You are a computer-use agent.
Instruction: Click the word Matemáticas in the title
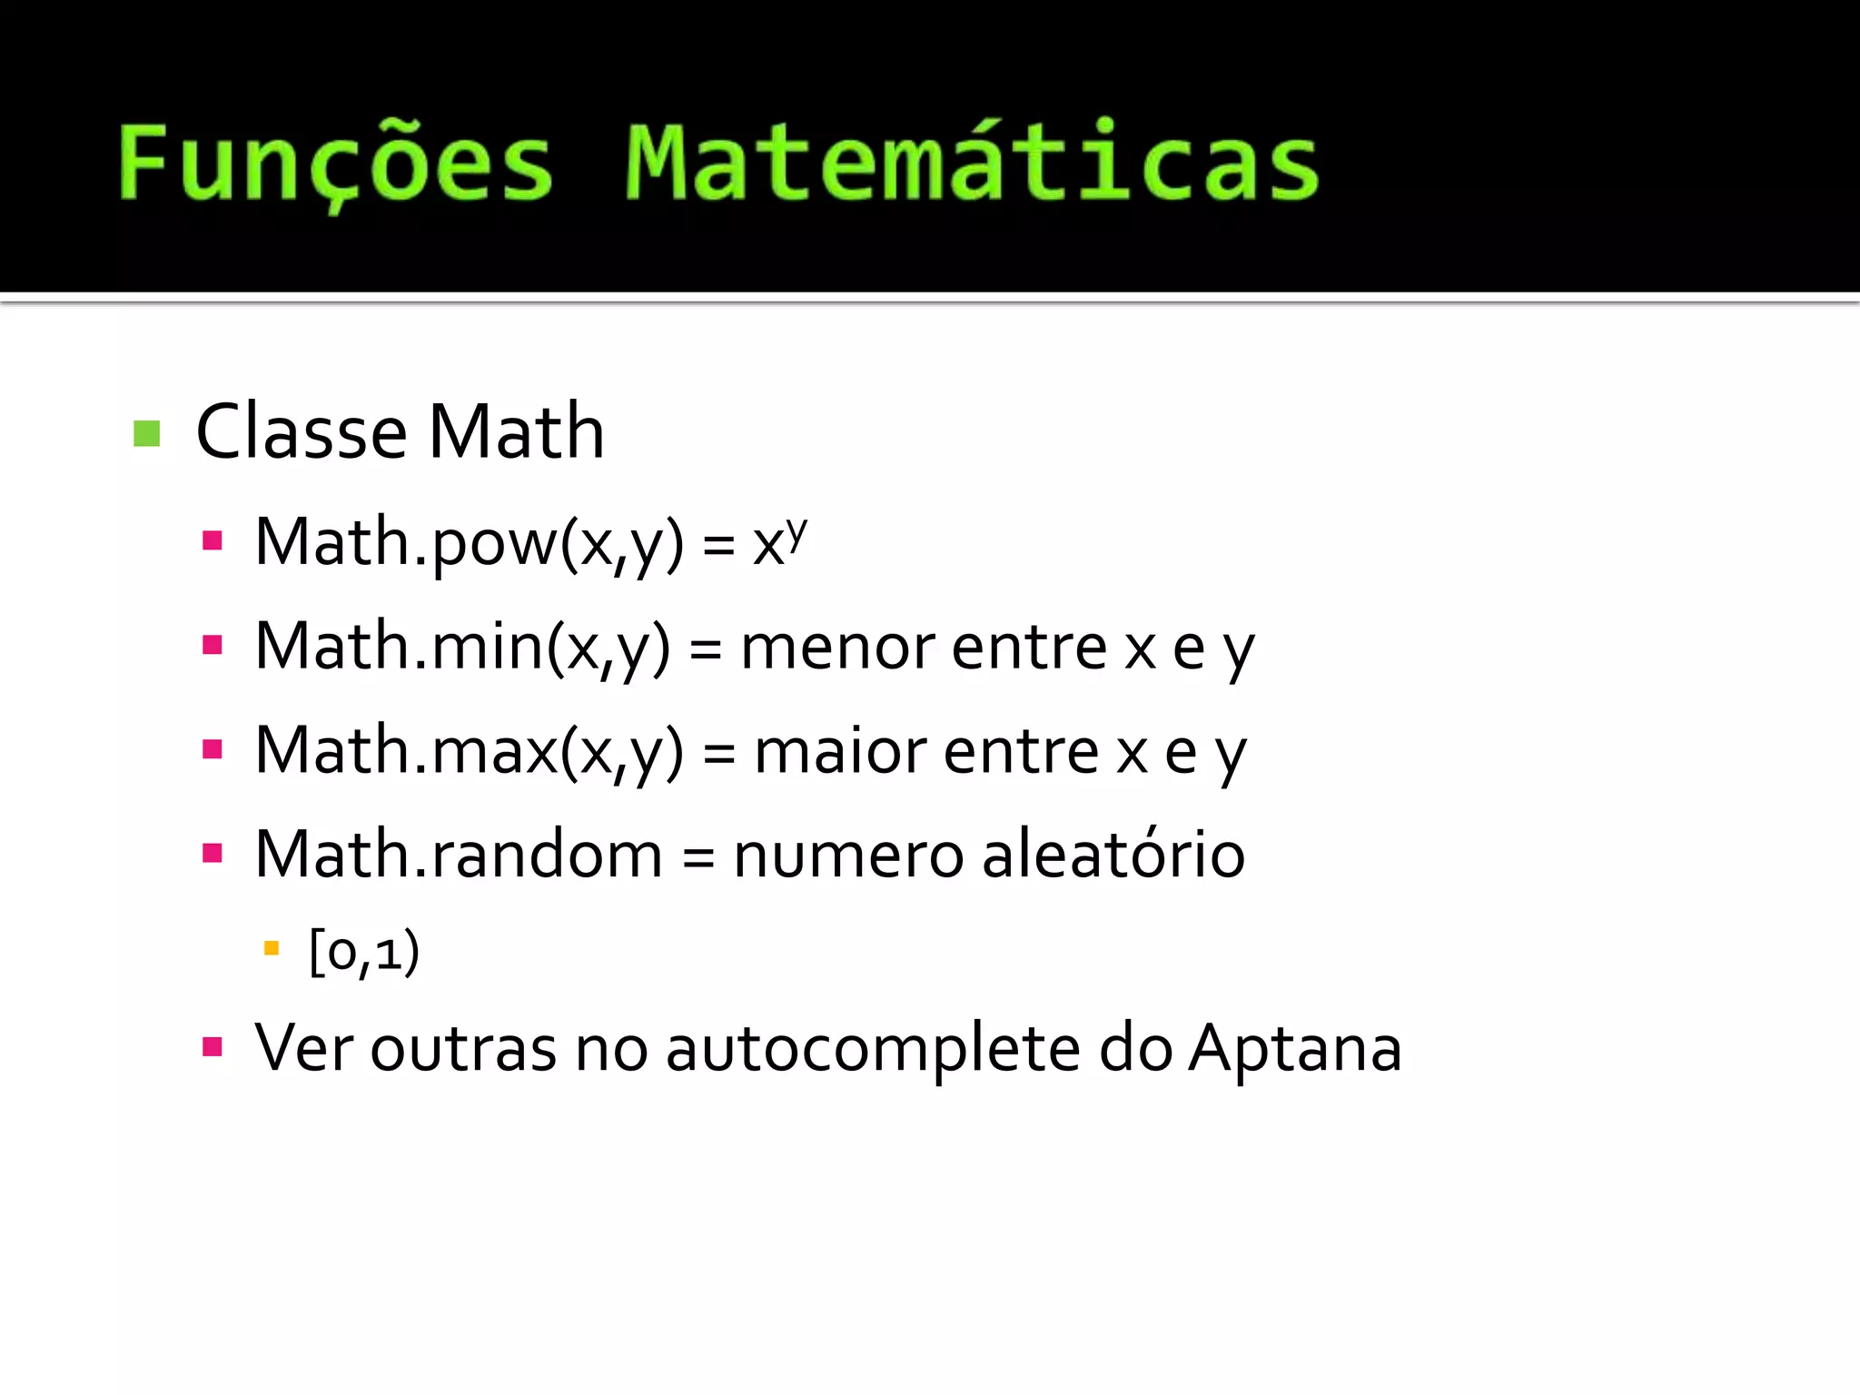coord(972,163)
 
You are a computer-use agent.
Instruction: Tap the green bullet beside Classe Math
coord(146,433)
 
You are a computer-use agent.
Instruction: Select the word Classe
coord(302,431)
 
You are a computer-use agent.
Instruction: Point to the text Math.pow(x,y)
coord(469,543)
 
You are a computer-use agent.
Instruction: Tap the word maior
coord(840,752)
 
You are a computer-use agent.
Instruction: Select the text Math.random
coord(459,855)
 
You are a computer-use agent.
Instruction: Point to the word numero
coord(847,855)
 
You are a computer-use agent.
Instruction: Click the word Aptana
coord(1295,1049)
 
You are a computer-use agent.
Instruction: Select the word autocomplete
coord(873,1049)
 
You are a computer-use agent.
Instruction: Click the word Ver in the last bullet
coord(303,1049)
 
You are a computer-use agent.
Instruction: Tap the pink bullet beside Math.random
coord(213,854)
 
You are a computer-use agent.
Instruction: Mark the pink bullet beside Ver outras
coord(213,1047)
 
